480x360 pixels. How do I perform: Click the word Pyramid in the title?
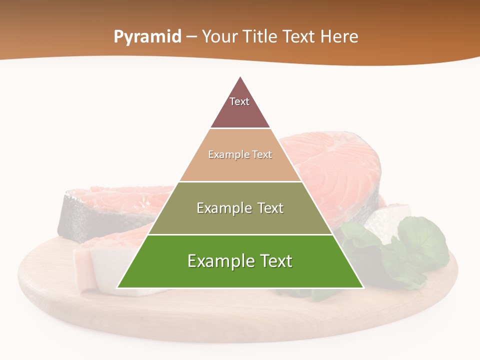coord(147,36)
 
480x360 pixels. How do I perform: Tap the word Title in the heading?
coord(263,36)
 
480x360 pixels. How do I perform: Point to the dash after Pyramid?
coord(191,37)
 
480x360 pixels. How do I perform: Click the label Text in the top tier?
coord(239,101)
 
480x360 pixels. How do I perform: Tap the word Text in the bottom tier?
coord(275,261)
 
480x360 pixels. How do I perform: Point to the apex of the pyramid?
coord(240,77)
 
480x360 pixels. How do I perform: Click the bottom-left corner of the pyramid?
coord(118,287)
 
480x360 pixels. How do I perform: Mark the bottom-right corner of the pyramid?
coord(362,287)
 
